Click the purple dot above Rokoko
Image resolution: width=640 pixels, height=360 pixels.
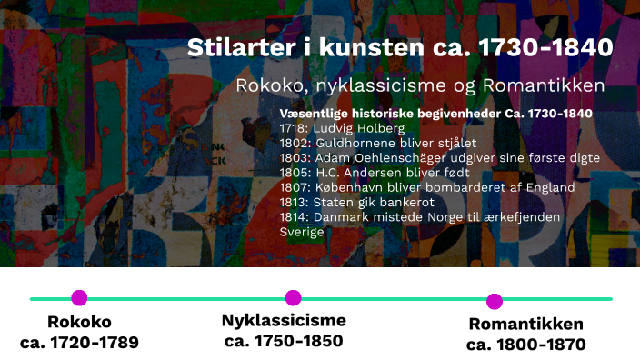pos(79,297)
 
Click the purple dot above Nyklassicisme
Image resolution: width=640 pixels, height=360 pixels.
pos(293,297)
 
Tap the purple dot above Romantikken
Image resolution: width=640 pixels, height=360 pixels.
pos(495,302)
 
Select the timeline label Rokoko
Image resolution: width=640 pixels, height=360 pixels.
pos(79,322)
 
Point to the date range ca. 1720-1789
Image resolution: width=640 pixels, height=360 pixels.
pos(79,343)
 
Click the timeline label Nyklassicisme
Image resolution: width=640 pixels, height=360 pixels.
pos(284,320)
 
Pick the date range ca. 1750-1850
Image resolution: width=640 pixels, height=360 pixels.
pos(284,341)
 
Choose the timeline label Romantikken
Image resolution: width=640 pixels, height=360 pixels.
pos(526,325)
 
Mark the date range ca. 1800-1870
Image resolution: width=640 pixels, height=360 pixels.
pos(526,345)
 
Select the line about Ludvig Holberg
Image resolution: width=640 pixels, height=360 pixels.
pos(328,128)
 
